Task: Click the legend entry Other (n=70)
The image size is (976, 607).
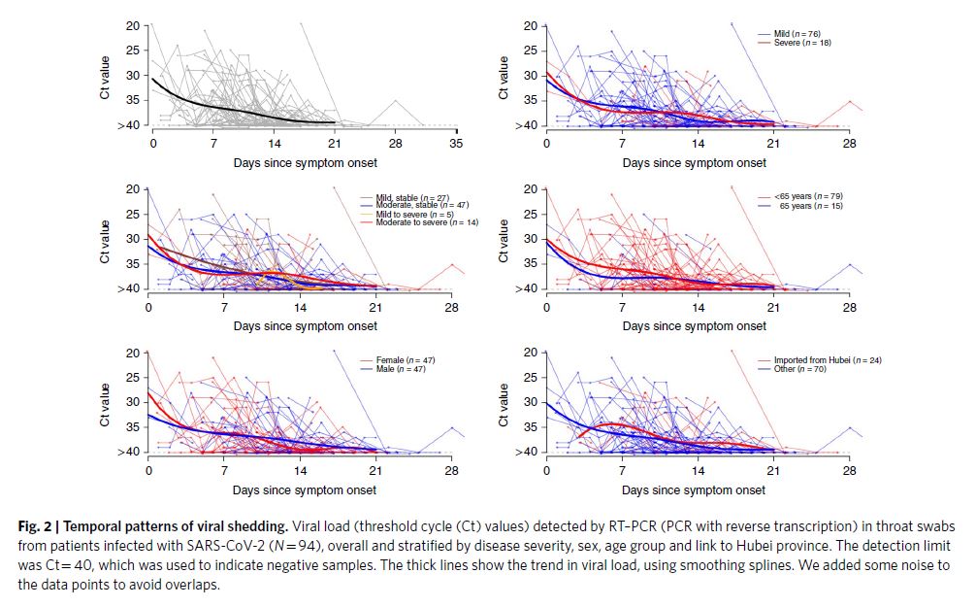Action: click(x=799, y=369)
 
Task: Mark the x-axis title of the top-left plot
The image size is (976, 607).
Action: click(x=305, y=162)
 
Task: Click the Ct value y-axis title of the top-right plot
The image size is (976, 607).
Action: click(x=504, y=77)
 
